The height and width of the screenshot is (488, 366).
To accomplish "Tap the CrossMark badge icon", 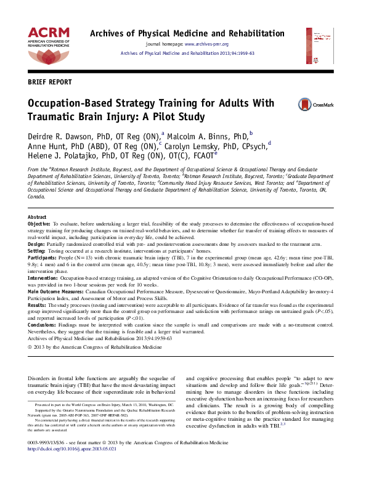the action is tap(304, 105).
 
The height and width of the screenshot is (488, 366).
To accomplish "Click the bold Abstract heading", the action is tap(37, 218).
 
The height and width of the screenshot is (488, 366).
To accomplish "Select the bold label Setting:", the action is tap(38, 251).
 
